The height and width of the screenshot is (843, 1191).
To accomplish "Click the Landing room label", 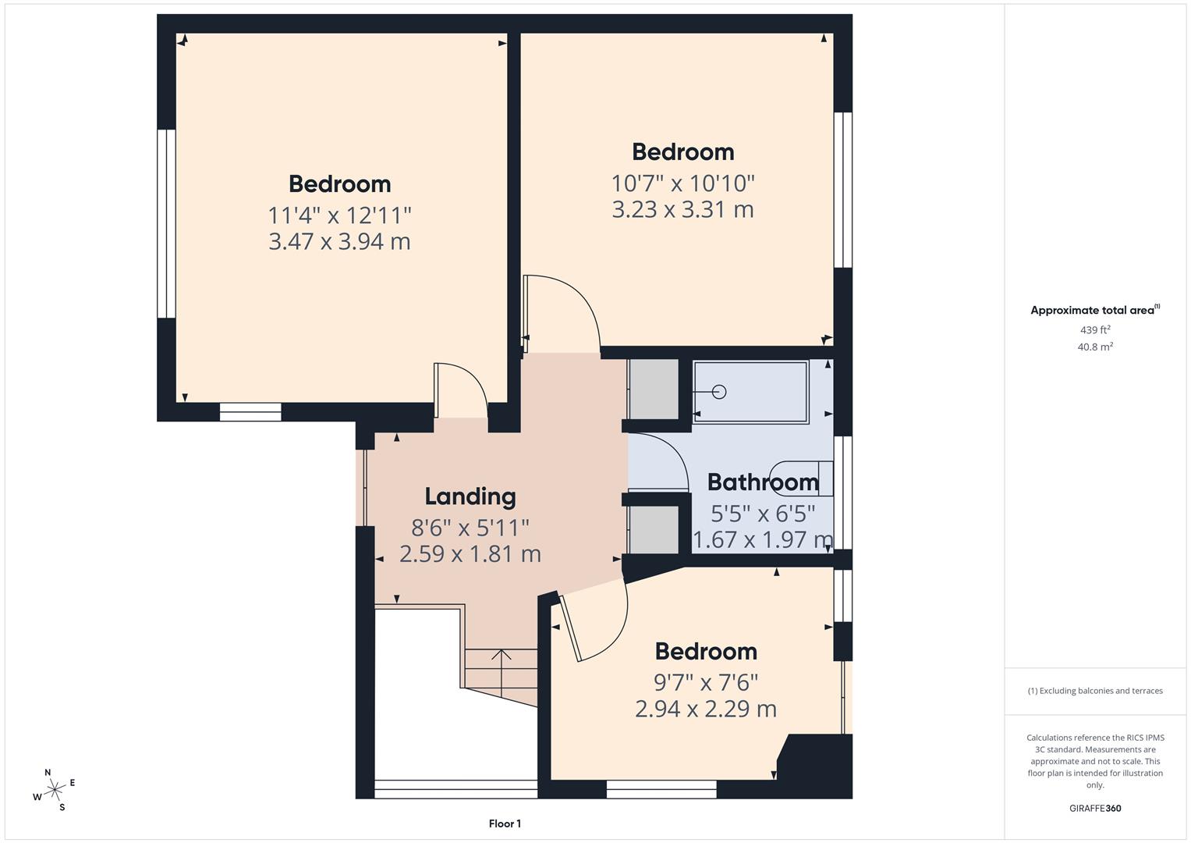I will (470, 496).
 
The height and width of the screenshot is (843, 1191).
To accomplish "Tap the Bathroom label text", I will (762, 482).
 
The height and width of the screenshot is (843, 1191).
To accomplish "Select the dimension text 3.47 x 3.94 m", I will (339, 242).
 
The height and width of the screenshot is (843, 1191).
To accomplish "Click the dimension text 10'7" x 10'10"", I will (682, 183).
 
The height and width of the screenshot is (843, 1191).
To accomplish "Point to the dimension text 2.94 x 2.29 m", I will (705, 709).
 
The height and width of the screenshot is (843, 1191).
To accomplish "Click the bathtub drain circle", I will (719, 392).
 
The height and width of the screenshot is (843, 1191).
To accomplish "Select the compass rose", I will (55, 790).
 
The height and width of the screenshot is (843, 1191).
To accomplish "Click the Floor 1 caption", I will (505, 823).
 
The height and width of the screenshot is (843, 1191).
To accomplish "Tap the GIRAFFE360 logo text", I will (1094, 808).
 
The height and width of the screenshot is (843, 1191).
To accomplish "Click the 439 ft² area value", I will (1094, 330).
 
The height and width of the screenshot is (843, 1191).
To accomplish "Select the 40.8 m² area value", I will (1094, 347).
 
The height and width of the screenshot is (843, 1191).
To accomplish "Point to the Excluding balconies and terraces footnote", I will (1094, 691).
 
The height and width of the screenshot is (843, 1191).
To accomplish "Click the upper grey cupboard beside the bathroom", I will (654, 389).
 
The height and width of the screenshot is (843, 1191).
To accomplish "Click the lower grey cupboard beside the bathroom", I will (654, 530).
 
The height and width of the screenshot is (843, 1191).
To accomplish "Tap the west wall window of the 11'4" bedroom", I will (166, 224).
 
